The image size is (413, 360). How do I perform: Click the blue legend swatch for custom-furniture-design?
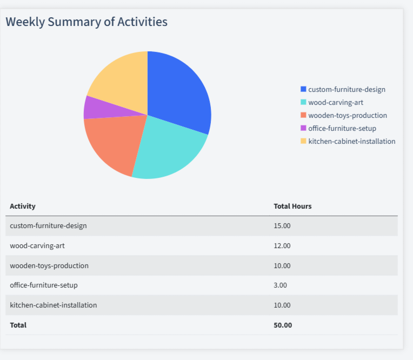click(x=303, y=89)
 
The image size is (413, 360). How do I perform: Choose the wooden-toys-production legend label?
click(x=348, y=115)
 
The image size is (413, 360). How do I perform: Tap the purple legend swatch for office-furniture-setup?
click(x=303, y=128)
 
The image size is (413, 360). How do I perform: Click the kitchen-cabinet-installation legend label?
click(x=351, y=141)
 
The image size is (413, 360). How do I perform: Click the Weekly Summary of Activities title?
click(x=86, y=22)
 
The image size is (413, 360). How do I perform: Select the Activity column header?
click(x=23, y=206)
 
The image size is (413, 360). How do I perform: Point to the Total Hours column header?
click(x=292, y=206)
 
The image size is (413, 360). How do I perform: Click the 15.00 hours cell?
click(x=282, y=226)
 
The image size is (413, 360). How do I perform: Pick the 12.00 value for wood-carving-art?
click(x=282, y=246)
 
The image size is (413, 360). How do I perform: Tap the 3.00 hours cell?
click(x=281, y=285)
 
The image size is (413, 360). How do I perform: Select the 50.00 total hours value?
click(x=283, y=325)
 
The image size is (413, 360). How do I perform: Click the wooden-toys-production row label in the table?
click(x=49, y=265)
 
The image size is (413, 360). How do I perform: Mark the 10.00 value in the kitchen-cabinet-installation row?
click(x=282, y=305)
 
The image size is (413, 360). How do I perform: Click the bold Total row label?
click(x=18, y=325)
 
